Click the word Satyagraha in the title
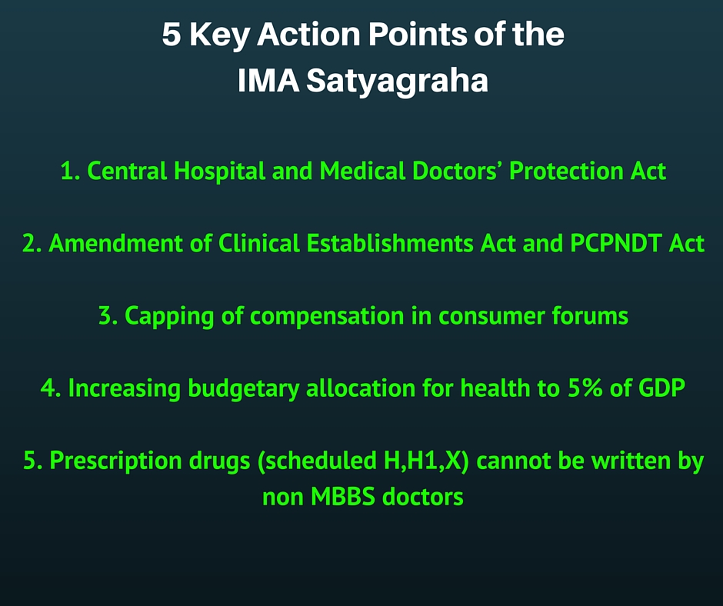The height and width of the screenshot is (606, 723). [x=398, y=82]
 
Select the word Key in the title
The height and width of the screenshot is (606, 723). [x=219, y=36]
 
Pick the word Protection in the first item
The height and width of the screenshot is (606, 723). [x=566, y=171]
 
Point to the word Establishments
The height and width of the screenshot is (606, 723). [x=390, y=243]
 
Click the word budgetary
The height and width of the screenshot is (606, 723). [x=244, y=389]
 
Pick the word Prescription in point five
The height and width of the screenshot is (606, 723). [x=115, y=461]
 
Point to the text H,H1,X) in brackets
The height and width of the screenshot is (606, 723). [x=426, y=461]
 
